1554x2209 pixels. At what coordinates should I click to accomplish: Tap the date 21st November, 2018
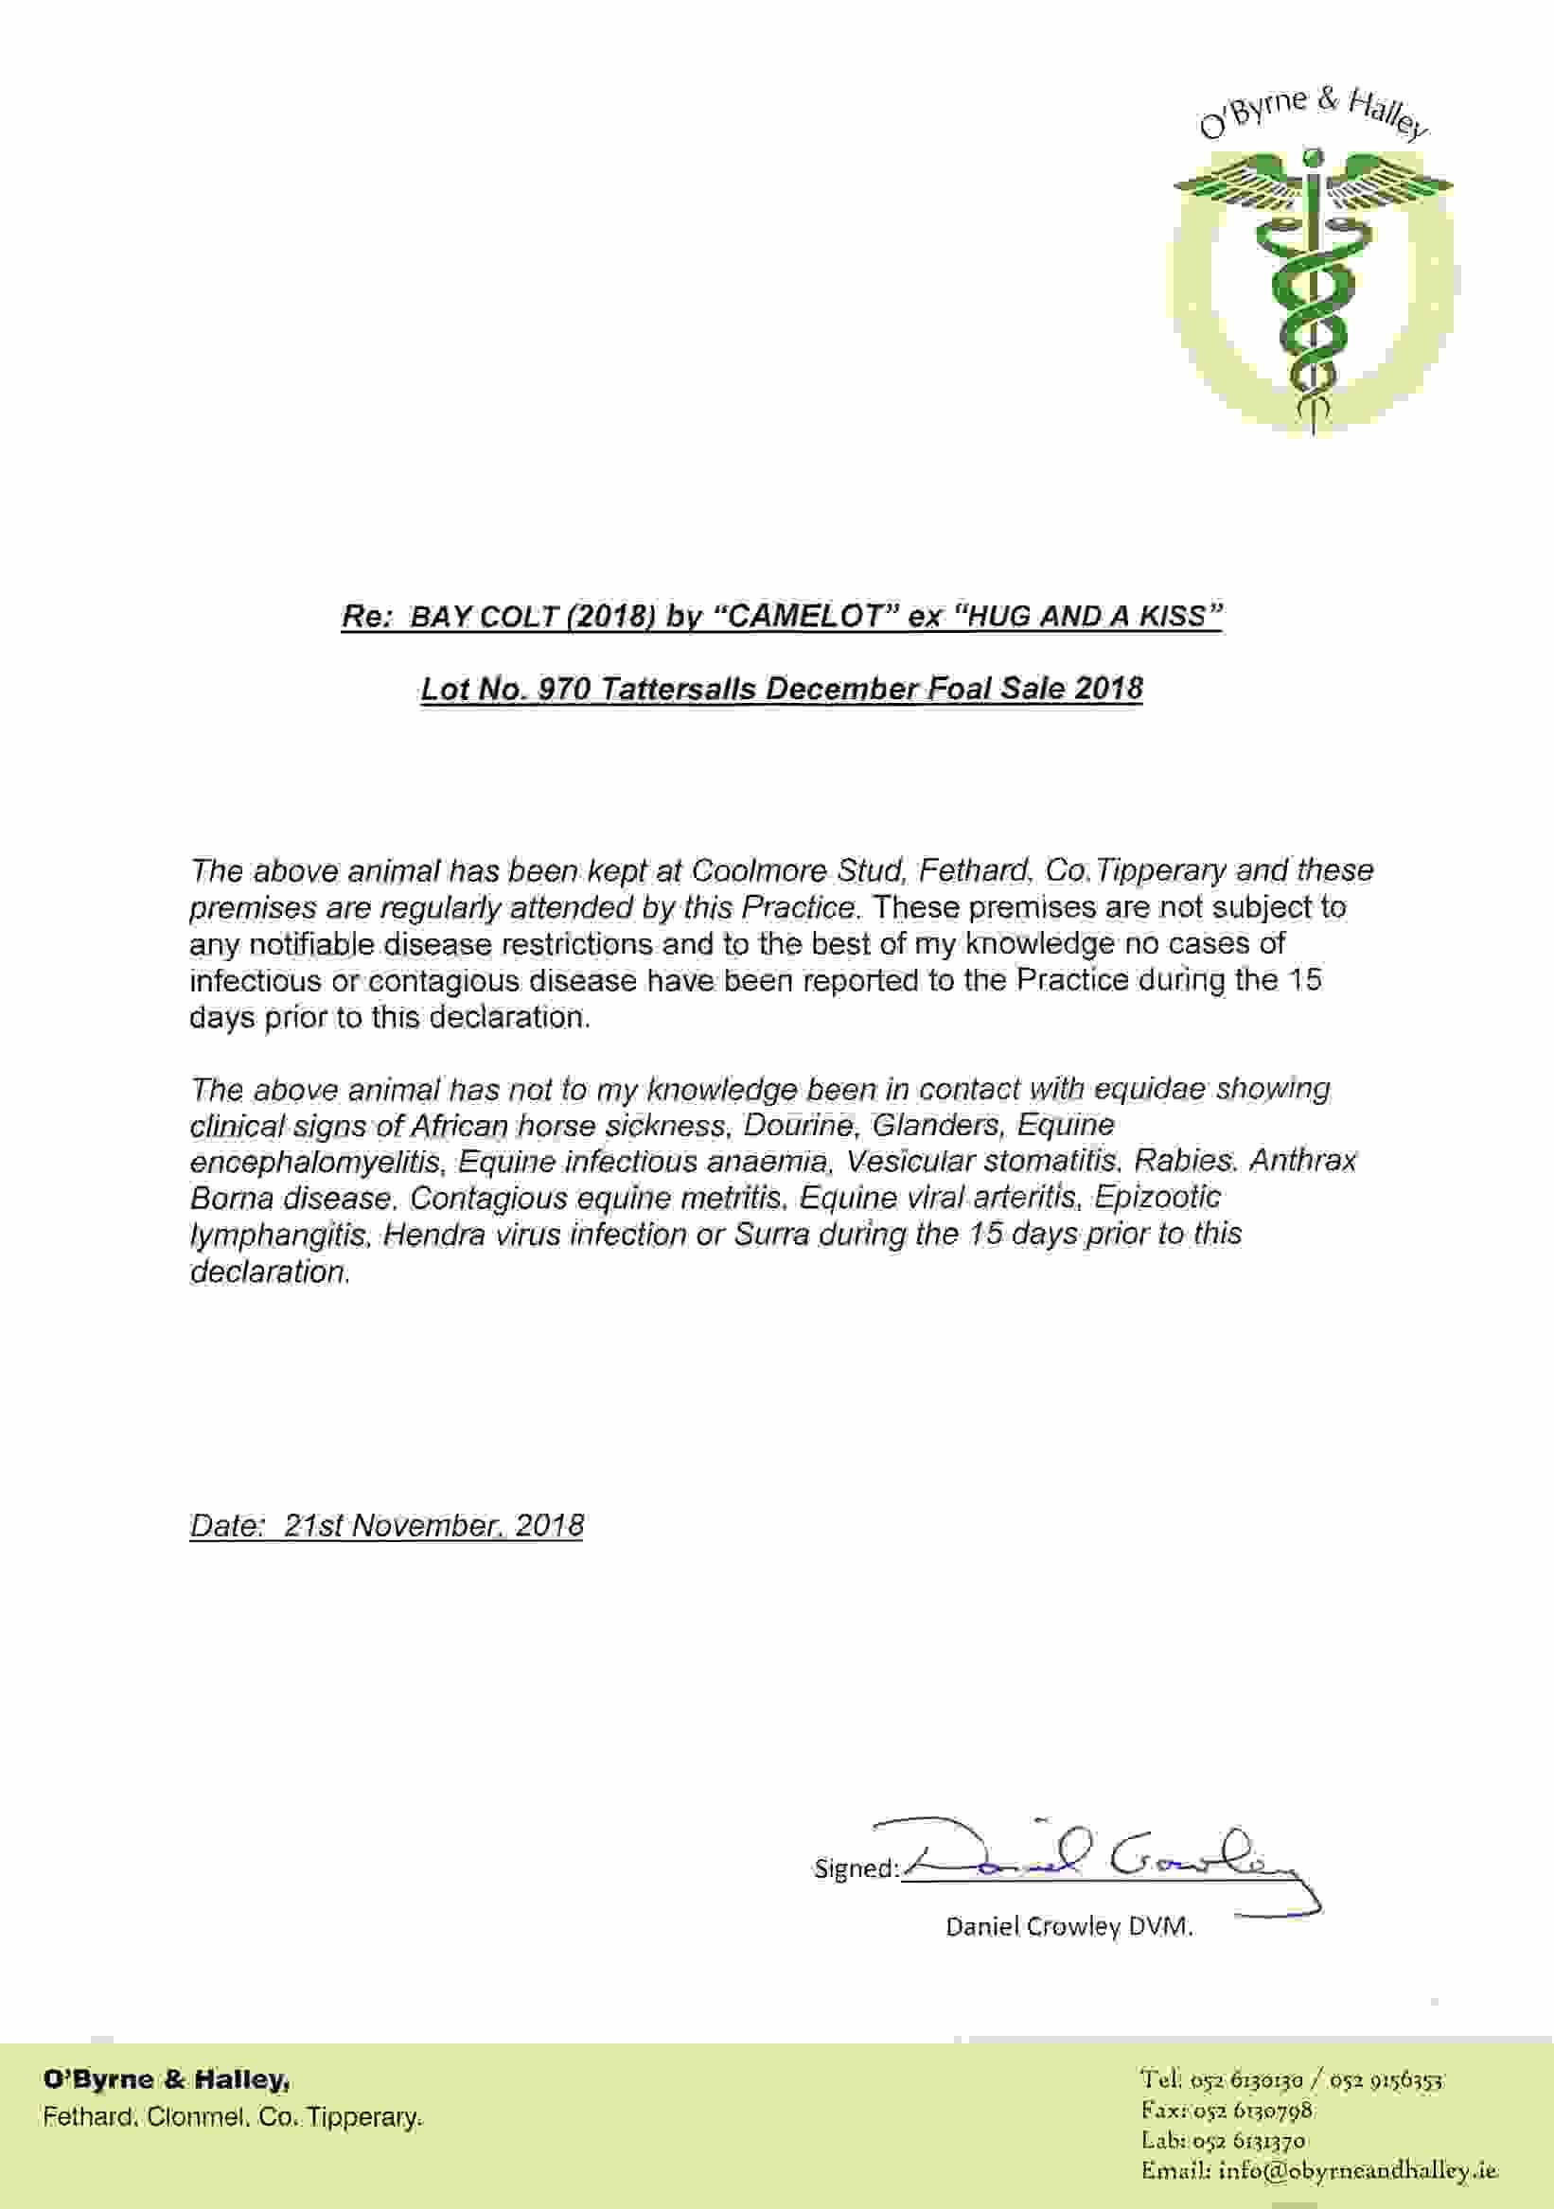433,1526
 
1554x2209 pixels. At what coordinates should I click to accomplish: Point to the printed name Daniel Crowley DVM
1069,1926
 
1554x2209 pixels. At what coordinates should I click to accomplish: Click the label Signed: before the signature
856,1868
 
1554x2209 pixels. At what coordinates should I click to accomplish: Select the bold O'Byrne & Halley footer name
166,2080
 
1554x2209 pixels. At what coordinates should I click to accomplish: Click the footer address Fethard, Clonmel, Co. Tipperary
232,2117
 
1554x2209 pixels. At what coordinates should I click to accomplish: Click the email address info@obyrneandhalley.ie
1358,2171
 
